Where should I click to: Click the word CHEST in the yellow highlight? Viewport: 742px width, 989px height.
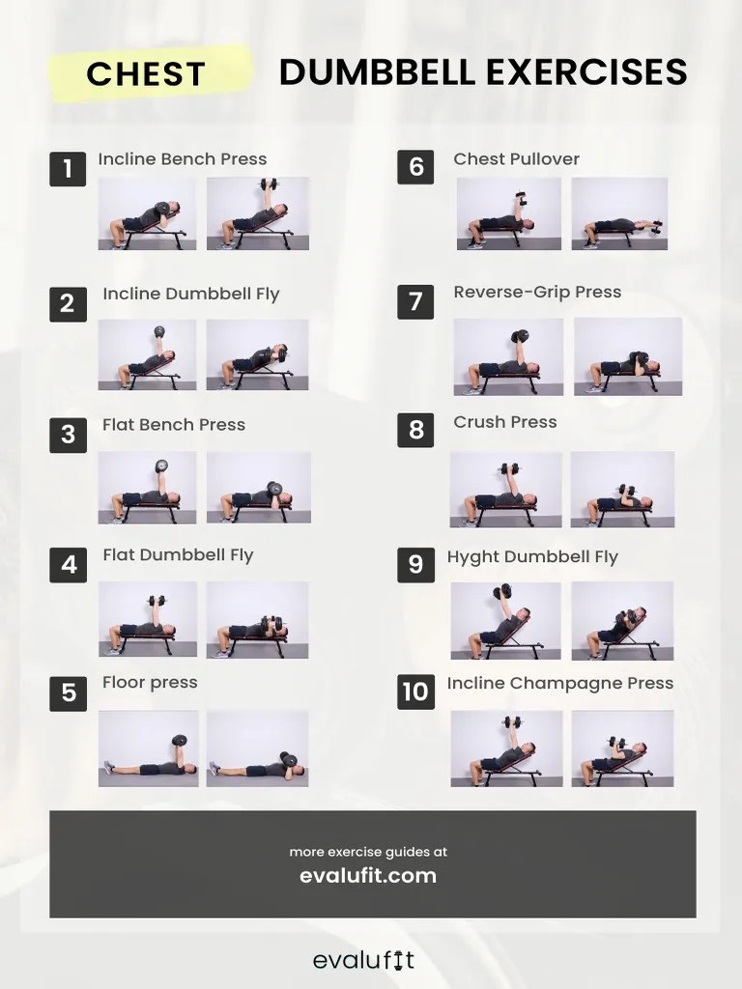146,73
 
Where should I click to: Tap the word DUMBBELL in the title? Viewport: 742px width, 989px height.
377,71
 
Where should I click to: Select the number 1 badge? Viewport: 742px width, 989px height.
68,168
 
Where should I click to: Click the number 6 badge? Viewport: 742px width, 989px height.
415,166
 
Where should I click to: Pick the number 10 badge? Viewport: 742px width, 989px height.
415,692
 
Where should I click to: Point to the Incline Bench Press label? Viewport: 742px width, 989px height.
183,159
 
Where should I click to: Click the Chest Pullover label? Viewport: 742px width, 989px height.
516,159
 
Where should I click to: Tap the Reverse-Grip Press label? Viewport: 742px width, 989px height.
537,292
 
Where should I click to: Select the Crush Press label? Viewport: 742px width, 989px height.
504,422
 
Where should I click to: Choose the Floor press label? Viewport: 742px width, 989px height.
150,683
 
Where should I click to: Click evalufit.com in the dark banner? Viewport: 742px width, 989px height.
368,875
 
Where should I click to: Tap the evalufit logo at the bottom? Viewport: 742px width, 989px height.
364,960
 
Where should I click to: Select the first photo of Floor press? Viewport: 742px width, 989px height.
148,749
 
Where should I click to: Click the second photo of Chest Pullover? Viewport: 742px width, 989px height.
619,213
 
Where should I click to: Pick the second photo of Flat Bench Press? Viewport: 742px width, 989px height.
259,488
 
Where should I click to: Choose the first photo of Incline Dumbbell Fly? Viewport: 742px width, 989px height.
147,354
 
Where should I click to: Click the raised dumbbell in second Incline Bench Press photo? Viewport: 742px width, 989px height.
270,184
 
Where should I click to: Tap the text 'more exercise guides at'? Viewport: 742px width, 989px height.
368,852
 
